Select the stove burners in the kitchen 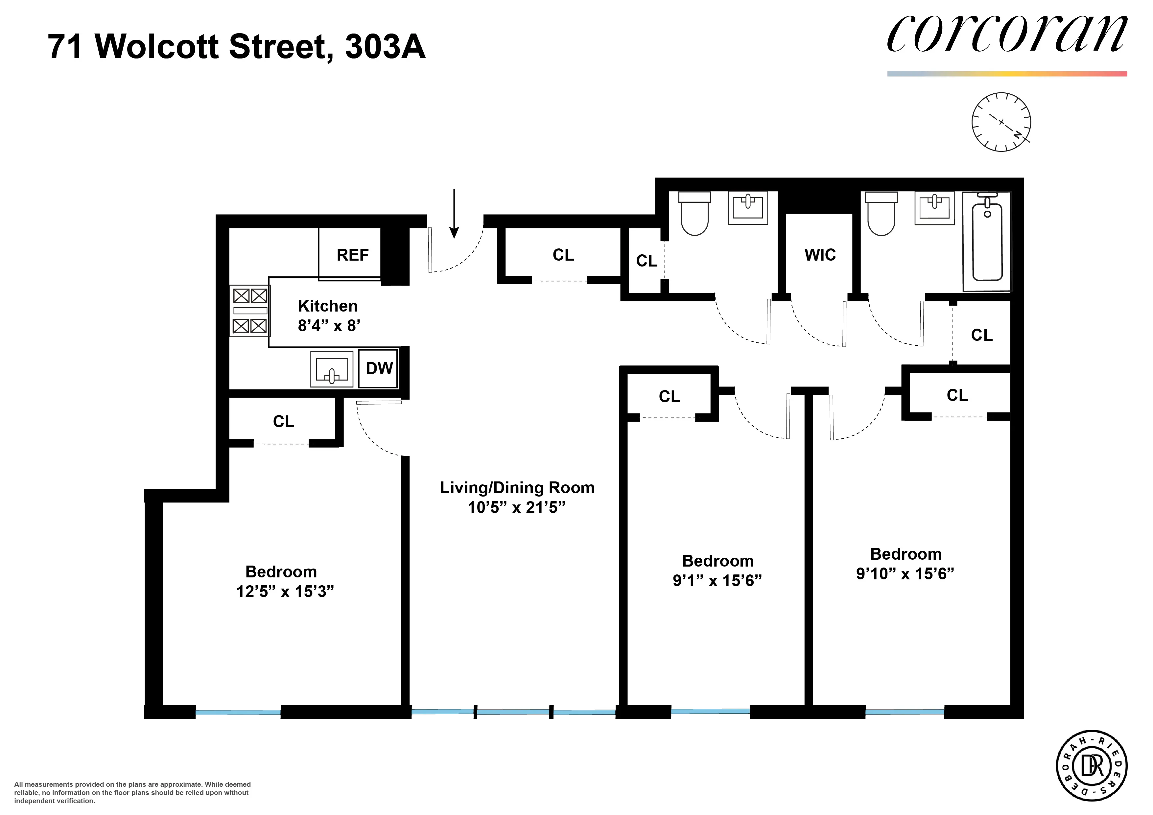click(249, 310)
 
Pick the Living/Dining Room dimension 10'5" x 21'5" click(516, 508)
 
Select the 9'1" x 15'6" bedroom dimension click(717, 581)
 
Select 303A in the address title click(385, 47)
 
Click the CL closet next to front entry click(563, 255)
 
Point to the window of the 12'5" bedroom click(238, 712)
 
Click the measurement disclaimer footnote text click(132, 792)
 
